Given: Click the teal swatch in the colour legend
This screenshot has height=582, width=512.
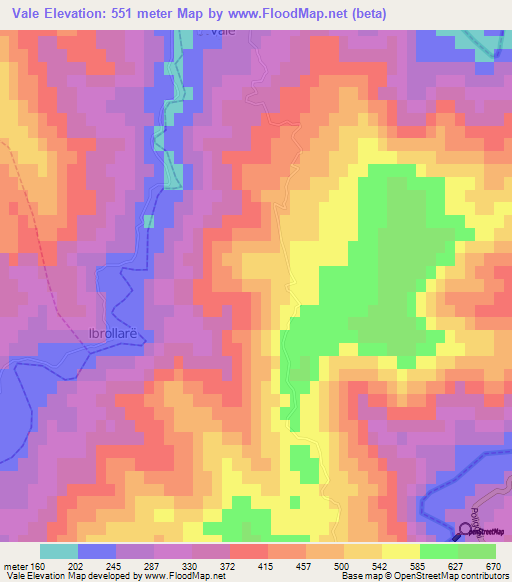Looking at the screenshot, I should coord(58,552).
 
